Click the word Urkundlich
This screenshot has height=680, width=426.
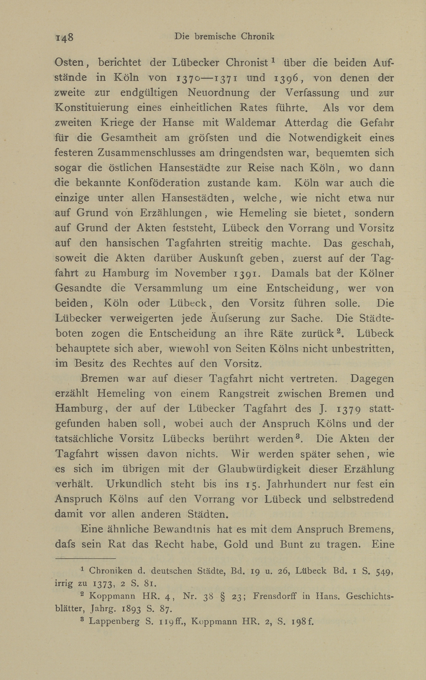tap(134, 484)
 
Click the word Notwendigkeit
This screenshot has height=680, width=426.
tap(321, 138)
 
